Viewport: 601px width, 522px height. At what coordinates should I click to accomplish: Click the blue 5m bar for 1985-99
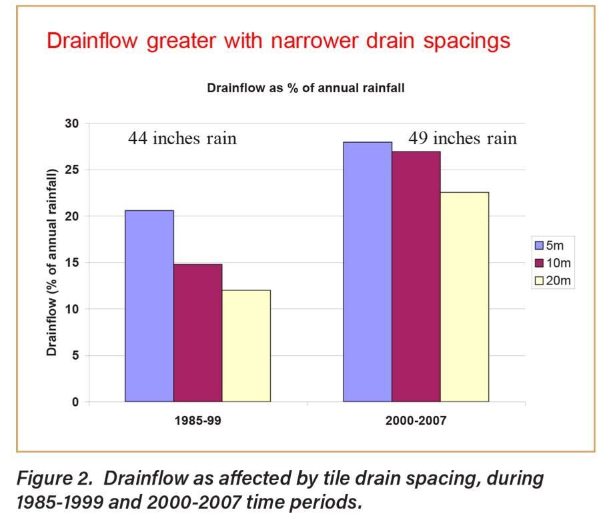149,306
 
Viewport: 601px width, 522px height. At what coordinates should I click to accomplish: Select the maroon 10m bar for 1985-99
197,332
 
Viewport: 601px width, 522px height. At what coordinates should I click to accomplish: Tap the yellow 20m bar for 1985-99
246,346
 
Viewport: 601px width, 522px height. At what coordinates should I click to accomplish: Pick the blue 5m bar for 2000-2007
368,272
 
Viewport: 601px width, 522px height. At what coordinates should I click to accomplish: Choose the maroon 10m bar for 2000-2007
416,276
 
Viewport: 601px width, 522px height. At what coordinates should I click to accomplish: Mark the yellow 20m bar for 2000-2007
464,297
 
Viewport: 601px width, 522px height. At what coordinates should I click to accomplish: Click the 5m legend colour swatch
539,245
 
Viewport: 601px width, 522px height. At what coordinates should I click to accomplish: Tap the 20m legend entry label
558,281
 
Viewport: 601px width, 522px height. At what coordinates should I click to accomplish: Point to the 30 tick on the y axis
71,123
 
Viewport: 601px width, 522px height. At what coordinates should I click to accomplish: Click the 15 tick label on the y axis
71,263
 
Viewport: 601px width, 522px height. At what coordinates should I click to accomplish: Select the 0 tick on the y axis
75,403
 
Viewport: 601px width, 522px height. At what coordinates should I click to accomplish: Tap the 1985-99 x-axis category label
198,422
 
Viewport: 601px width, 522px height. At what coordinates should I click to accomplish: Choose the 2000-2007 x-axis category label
416,422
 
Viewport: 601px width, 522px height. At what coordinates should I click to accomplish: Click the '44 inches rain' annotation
182,139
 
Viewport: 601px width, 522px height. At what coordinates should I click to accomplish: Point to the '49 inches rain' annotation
462,138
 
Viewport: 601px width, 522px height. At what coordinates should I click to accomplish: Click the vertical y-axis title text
52,262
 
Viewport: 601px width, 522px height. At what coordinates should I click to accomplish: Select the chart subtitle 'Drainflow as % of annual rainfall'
306,88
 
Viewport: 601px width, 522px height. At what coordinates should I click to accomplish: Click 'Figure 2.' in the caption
56,479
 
